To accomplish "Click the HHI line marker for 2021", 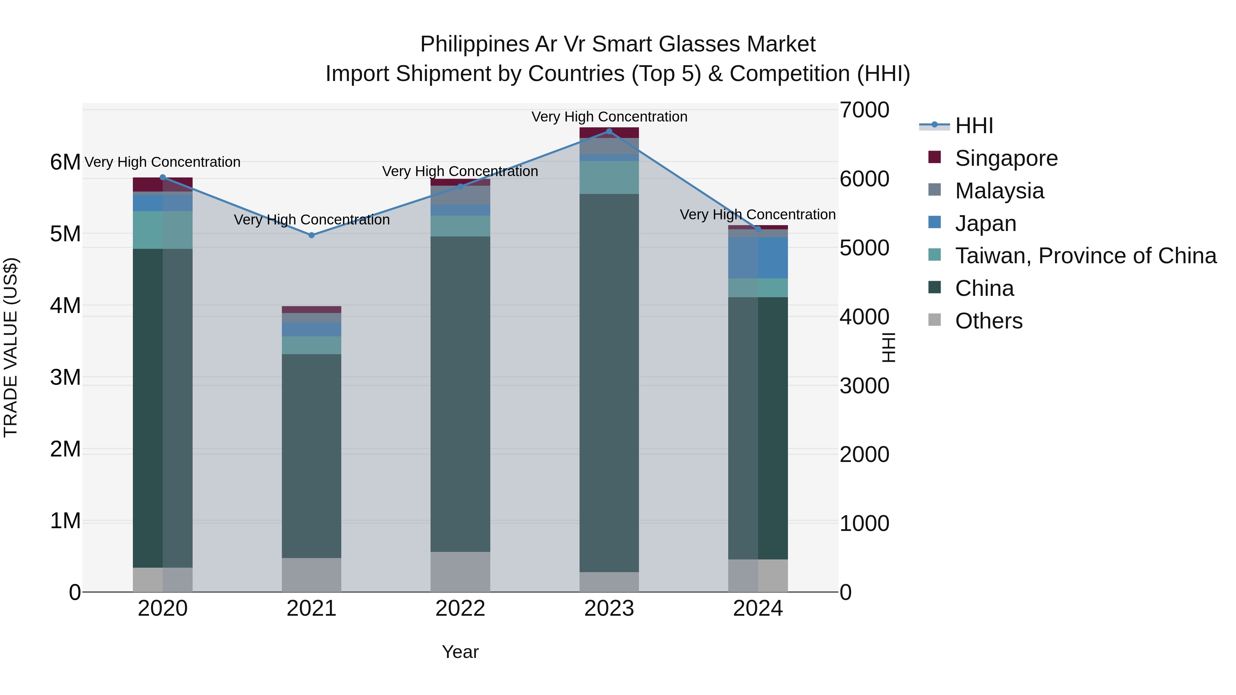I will (311, 235).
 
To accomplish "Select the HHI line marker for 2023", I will (609, 131).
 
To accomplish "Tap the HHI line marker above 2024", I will (758, 229).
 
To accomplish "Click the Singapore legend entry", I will (1006, 158).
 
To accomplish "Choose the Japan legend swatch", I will (935, 222).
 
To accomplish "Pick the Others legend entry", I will (988, 321).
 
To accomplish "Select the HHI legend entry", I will (974, 126).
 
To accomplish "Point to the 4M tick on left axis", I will (65, 305).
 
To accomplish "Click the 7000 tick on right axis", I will (864, 110).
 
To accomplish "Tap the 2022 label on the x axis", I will (460, 609).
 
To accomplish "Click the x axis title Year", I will (460, 652).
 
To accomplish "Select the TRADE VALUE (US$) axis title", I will (11, 347).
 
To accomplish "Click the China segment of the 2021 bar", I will (311, 456).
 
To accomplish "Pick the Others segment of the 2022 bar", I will (460, 572).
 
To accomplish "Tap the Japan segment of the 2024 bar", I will (758, 257).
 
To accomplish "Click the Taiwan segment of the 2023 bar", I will (609, 177).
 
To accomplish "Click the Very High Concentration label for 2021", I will (311, 220).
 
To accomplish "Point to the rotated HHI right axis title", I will (889, 347).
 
